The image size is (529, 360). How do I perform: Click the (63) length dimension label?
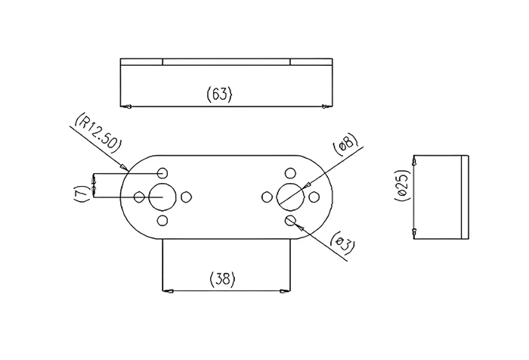point(219,94)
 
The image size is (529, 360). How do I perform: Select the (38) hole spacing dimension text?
point(222,279)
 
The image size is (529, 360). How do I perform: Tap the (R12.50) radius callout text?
point(97,133)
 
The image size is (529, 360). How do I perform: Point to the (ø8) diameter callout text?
point(344,145)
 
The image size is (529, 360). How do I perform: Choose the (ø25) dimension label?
point(403,185)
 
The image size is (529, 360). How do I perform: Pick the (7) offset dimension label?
point(82,196)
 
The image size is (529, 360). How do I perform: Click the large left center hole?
point(162,197)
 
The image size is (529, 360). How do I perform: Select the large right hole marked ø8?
point(290,197)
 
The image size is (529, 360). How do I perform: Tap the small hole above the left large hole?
point(162,173)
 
